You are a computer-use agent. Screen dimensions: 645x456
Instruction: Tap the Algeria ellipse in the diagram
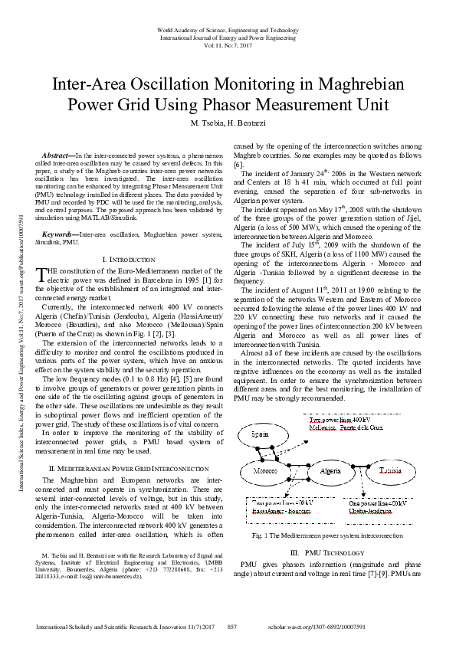click(330, 470)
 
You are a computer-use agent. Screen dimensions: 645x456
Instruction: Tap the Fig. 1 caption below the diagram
click(327, 535)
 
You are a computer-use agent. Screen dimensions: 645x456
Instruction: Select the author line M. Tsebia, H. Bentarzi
click(228, 123)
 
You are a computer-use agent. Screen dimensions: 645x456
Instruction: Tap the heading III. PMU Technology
click(327, 552)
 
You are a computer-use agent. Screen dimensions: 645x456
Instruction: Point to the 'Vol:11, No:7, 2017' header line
click(228, 45)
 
